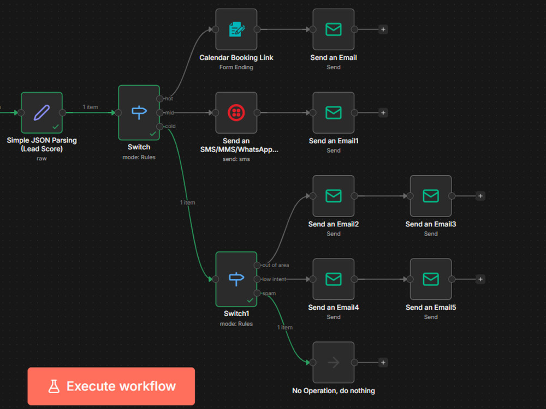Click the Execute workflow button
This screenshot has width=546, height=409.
(x=111, y=386)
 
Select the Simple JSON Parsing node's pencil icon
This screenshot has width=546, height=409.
(x=41, y=113)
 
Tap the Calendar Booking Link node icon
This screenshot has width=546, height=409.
(x=236, y=29)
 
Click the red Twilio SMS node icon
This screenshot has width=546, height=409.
(x=236, y=113)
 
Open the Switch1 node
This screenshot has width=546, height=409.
(x=236, y=279)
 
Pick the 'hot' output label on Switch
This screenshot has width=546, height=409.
(x=169, y=99)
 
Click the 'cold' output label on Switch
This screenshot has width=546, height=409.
(x=170, y=127)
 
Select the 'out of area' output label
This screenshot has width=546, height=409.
(x=275, y=266)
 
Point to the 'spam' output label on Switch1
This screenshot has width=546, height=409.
(x=269, y=293)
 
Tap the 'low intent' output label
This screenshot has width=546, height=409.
(x=274, y=279)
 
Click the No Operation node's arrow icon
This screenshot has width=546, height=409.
(x=334, y=363)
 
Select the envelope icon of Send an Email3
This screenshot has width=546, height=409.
(x=431, y=196)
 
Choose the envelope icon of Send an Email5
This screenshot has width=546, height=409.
(x=431, y=279)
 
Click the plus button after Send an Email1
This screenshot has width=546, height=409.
(x=383, y=113)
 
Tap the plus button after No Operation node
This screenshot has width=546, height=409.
(x=383, y=363)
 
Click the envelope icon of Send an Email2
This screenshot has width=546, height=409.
(x=333, y=196)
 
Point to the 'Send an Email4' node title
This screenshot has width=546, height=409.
(x=333, y=308)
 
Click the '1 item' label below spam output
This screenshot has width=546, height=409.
(x=285, y=327)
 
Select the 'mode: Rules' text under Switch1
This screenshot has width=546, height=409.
(x=236, y=324)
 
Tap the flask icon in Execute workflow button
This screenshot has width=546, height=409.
(x=54, y=387)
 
